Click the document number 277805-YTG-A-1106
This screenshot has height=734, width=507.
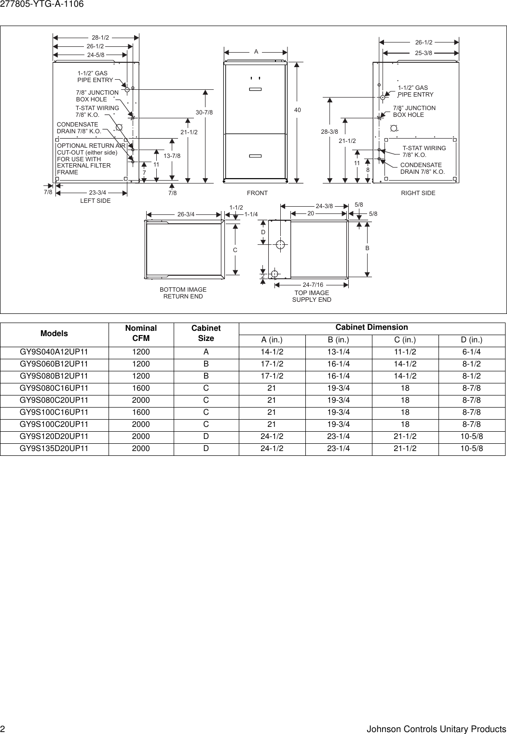42,4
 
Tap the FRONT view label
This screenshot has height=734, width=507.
257,193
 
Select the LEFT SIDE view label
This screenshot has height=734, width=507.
95,201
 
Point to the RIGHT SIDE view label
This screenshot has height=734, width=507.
418,193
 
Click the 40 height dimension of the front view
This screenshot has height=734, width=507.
297,111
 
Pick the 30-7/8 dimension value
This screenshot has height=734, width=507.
204,113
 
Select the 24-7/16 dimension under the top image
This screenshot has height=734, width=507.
313,285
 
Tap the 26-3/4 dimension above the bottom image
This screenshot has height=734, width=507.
186,214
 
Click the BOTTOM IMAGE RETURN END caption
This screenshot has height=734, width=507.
183,293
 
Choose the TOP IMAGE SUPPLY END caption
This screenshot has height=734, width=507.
312,296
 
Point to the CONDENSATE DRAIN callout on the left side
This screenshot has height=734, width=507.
79,128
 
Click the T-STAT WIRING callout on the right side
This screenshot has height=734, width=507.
424,152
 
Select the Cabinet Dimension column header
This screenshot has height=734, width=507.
371,327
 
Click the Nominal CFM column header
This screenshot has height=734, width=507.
141,333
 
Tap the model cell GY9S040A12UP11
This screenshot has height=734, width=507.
54,352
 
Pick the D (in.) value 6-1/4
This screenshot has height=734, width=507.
471,352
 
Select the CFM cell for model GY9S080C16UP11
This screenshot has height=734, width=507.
141,388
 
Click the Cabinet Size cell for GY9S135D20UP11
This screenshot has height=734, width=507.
206,449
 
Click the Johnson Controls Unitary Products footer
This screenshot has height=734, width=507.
436,729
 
